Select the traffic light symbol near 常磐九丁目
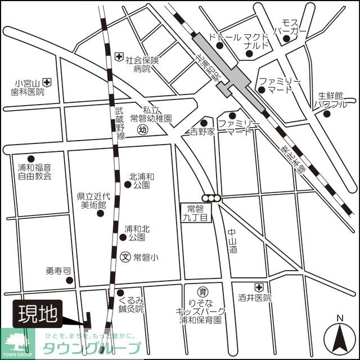213,197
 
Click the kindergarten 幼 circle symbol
142,130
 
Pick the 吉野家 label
202,132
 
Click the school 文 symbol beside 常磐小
126,257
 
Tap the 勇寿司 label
58,271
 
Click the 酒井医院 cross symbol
258,287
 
